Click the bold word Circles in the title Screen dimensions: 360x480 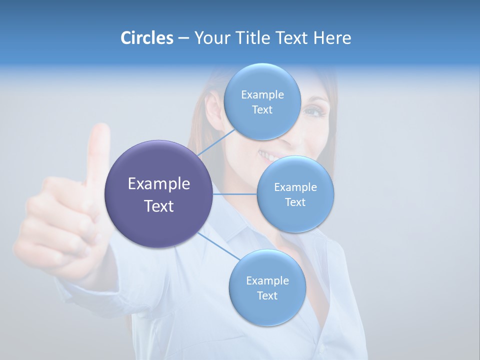146,38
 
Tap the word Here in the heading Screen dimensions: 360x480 332,38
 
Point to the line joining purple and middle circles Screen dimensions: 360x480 234,194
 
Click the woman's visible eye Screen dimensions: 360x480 314,111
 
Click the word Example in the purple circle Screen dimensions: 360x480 159,183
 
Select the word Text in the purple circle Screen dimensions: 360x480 159,205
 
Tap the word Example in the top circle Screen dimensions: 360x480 262,94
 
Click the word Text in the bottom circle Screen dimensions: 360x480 267,295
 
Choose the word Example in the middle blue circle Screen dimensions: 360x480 295,187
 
